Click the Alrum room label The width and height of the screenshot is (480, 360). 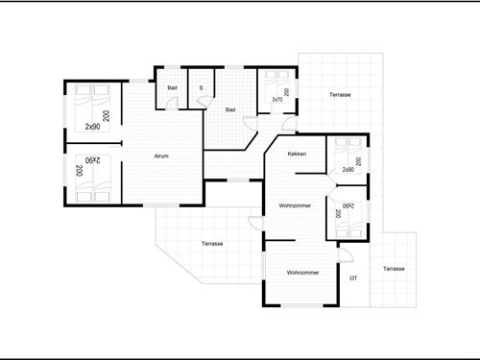(x=162, y=156)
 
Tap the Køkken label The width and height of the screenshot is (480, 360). (x=297, y=155)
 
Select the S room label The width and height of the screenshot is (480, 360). (x=201, y=87)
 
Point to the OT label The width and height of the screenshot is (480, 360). (x=353, y=277)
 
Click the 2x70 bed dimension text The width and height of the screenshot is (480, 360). (x=276, y=99)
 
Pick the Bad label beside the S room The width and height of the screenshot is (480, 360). (x=172, y=87)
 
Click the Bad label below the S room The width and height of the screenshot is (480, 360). (x=230, y=109)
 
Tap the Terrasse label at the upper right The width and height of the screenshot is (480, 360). (x=340, y=95)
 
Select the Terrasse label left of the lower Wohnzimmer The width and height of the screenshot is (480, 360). (x=212, y=244)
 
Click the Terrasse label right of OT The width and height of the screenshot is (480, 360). (x=394, y=269)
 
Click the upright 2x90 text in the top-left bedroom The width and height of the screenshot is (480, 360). (x=92, y=126)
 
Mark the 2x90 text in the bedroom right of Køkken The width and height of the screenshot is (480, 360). (x=348, y=170)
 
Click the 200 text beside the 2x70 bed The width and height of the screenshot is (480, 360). (x=287, y=92)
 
